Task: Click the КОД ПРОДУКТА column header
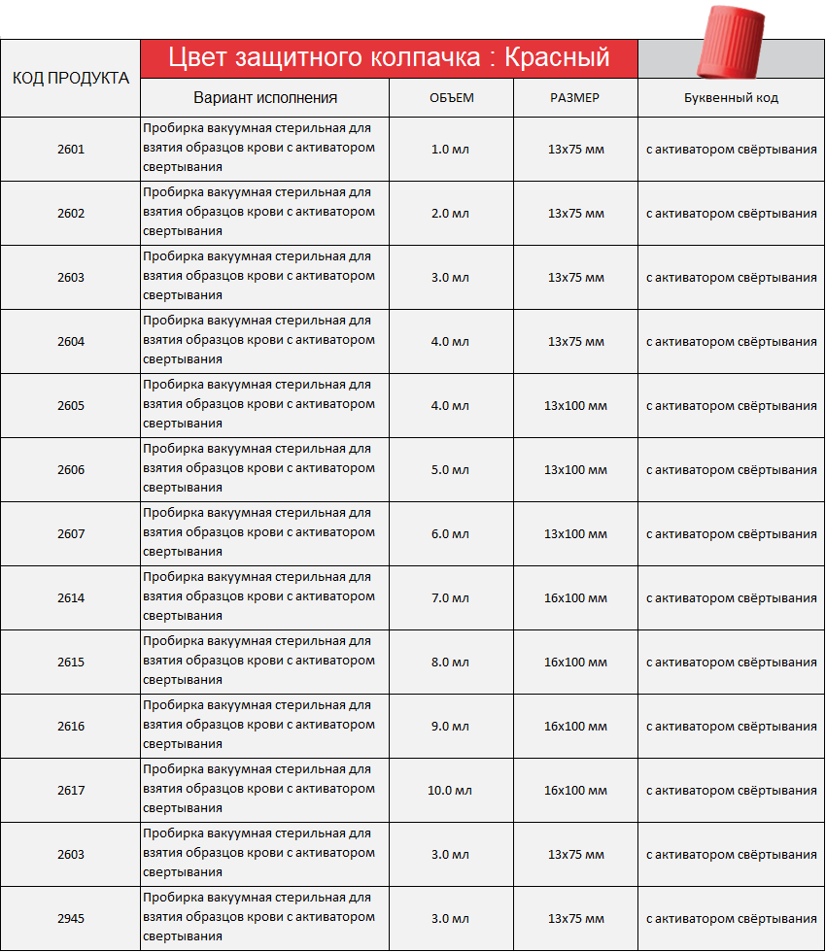tap(70, 78)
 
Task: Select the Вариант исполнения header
tap(265, 97)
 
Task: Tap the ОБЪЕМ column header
tap(451, 97)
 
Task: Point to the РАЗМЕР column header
tap(575, 97)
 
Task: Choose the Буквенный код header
tap(731, 97)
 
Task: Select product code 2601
tap(71, 150)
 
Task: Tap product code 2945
tap(71, 918)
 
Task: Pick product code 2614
tap(71, 597)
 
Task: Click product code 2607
tap(71, 533)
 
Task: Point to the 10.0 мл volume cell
tap(450, 790)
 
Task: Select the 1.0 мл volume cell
tap(450, 150)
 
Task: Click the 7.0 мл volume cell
tap(450, 597)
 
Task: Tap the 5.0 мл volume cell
tap(450, 469)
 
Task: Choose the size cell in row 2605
tap(575, 405)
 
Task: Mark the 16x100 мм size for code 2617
tap(575, 790)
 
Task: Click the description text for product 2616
tap(258, 726)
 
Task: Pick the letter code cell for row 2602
tap(731, 214)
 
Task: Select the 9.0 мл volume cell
tap(450, 726)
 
